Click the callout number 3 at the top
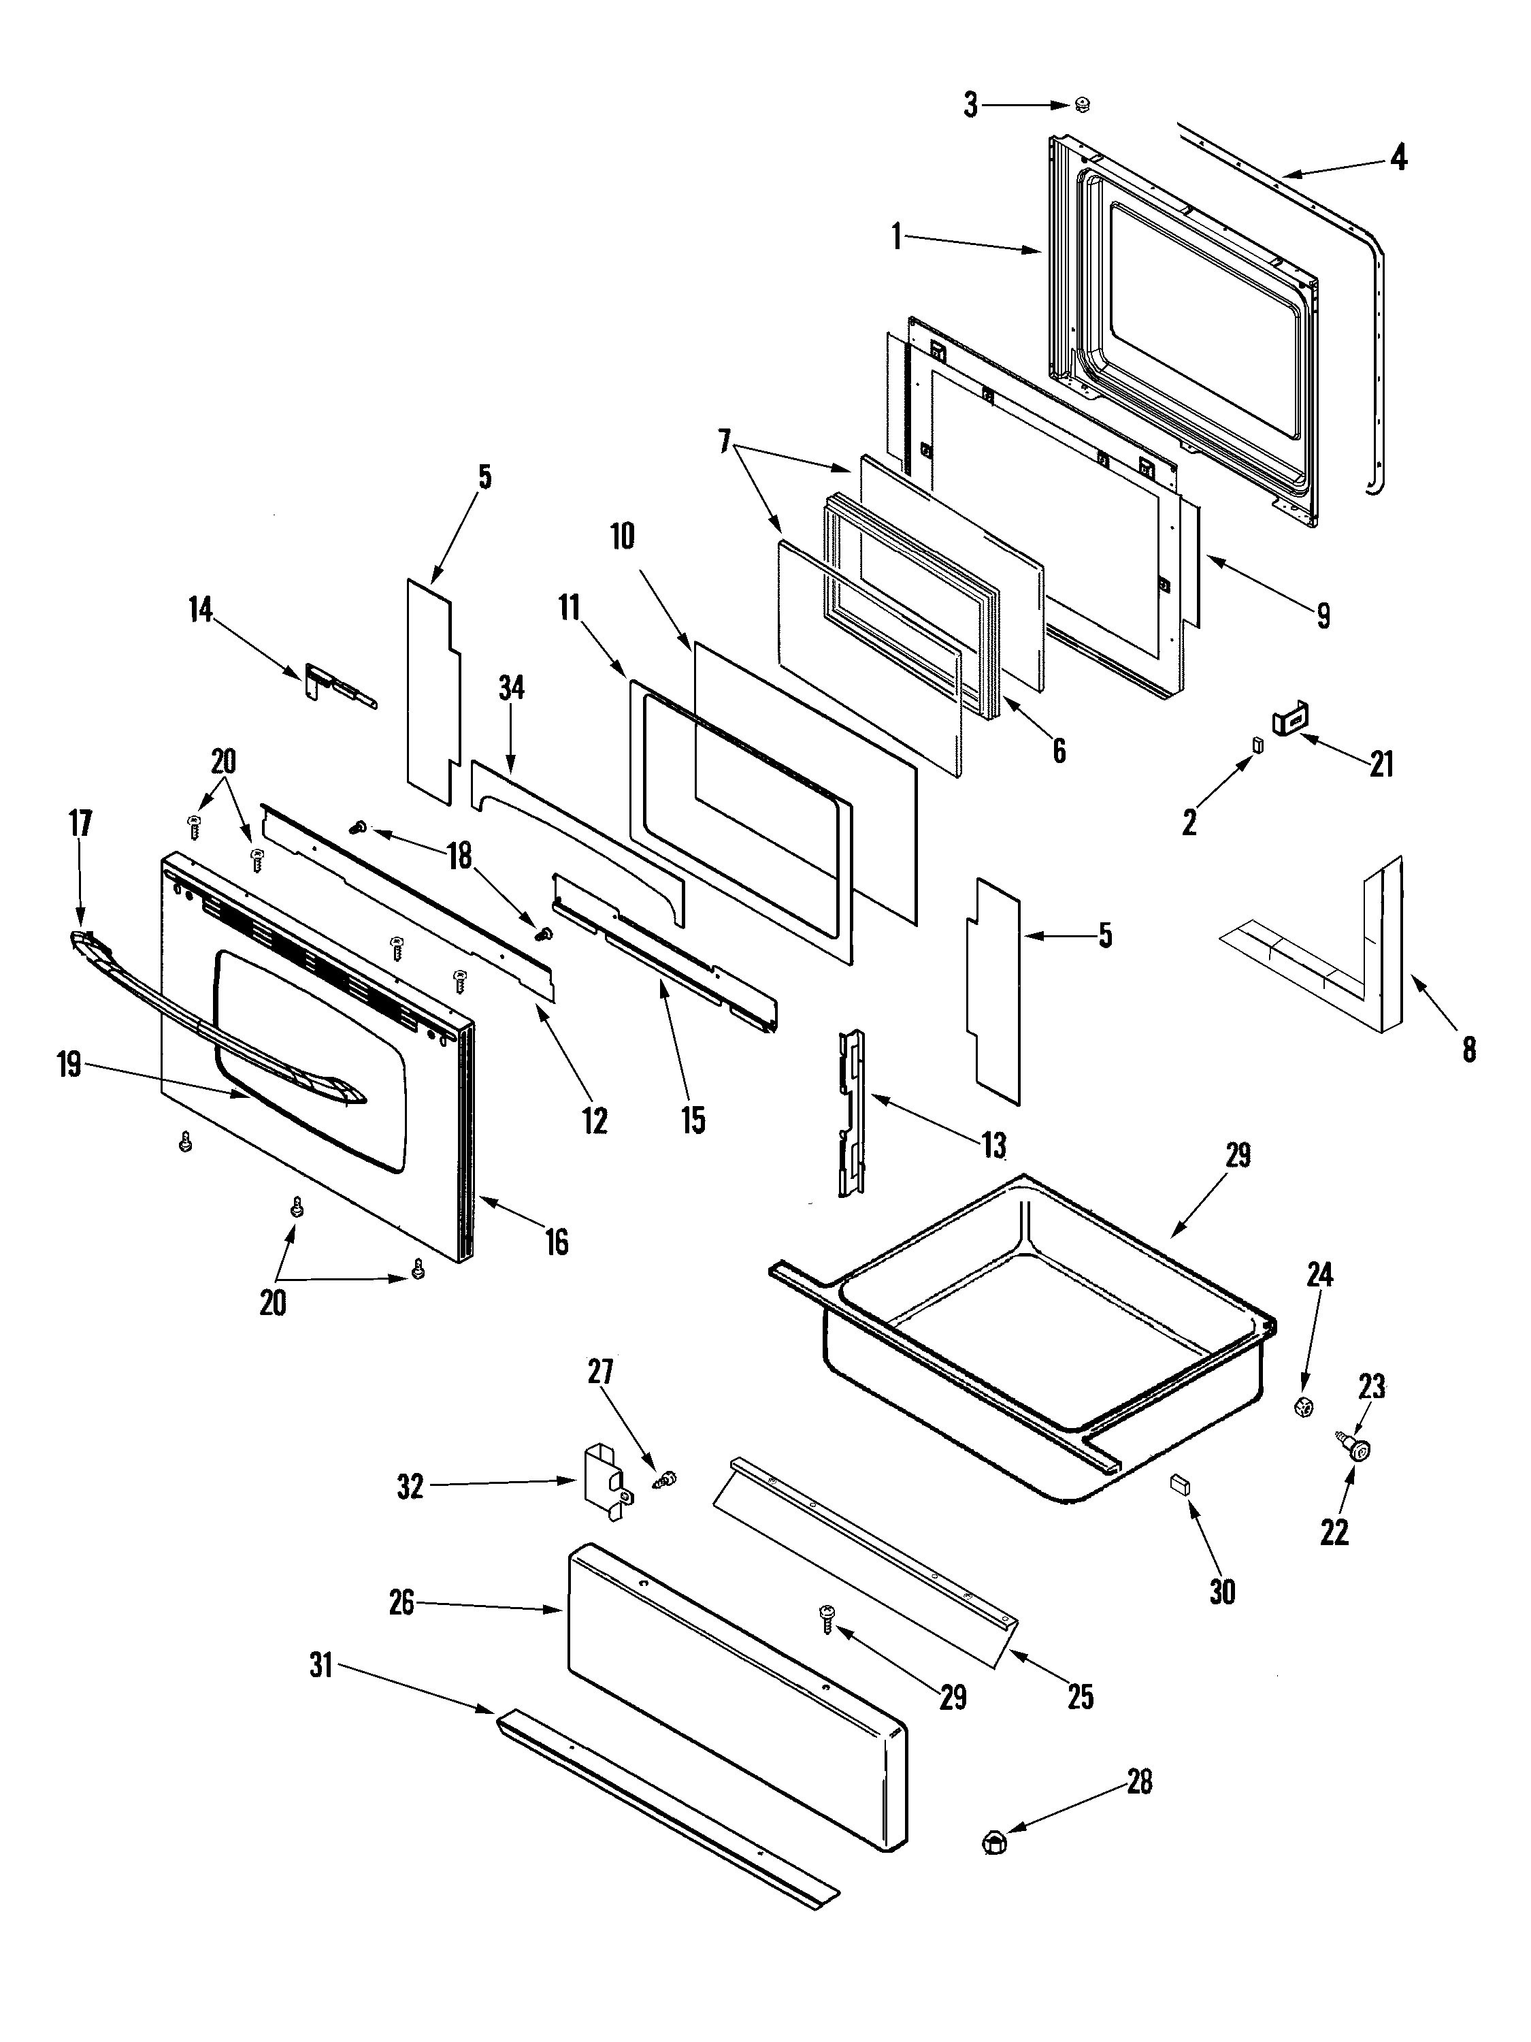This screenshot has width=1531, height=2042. (x=970, y=106)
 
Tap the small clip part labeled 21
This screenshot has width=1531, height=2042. (x=1293, y=717)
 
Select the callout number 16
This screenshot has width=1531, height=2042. (x=557, y=1242)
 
